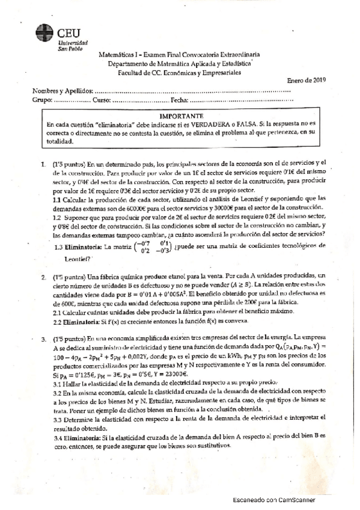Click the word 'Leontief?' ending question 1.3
pyautogui.click(x=78, y=259)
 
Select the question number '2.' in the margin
pyautogui.click(x=44, y=278)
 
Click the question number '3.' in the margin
pyautogui.click(x=44, y=340)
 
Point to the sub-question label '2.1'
pyautogui.click(x=58, y=312)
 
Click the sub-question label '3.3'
pyautogui.click(x=58, y=417)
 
